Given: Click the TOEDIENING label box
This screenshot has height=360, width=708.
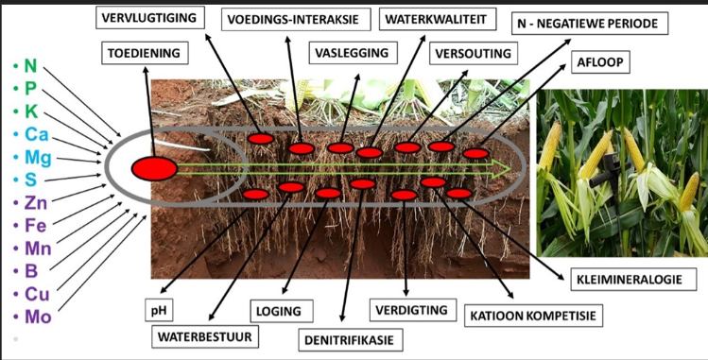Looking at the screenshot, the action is point(145,53).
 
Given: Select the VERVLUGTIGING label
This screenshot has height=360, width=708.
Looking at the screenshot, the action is point(149,18).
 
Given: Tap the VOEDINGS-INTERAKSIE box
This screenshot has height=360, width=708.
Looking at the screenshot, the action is point(296,20).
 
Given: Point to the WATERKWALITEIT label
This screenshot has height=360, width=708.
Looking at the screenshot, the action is point(438,20).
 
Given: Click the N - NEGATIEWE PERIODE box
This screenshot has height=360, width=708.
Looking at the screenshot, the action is point(590,24).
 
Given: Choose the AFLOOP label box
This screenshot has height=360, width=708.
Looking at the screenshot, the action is point(600,62).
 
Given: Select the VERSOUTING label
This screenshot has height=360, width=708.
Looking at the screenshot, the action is point(474,53).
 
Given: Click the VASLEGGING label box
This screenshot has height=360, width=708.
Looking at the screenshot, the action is point(353,53).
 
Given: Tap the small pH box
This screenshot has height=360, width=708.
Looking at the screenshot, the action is point(159,310).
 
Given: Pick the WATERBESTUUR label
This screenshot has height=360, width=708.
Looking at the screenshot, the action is point(205,337).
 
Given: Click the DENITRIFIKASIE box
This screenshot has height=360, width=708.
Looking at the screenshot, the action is point(351,340).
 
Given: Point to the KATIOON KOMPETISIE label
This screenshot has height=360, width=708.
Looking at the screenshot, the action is point(533,316).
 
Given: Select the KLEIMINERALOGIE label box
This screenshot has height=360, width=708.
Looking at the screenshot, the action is point(629,280).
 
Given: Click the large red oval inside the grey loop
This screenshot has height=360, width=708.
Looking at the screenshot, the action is point(154,169).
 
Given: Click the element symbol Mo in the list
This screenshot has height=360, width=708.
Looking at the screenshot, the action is point(38,317).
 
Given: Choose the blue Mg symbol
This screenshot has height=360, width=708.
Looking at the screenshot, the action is point(38,158).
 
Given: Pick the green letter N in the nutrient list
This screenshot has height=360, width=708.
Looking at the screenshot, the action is point(30,66).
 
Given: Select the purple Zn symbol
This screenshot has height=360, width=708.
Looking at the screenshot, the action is point(36,203).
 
